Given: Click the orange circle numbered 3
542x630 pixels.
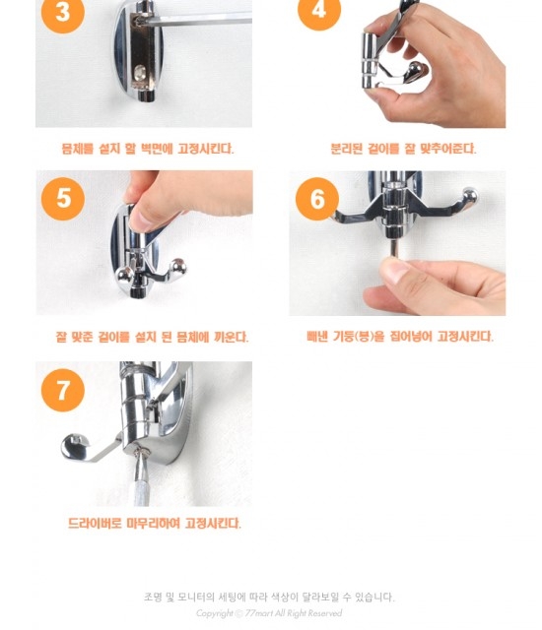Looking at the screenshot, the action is tap(63, 12).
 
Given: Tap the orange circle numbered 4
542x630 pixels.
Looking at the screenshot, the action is tap(319, 10).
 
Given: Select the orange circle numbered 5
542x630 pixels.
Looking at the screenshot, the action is tap(63, 199).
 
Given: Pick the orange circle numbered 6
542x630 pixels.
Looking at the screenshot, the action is tap(317, 199).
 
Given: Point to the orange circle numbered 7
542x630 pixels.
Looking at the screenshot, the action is tap(63, 390).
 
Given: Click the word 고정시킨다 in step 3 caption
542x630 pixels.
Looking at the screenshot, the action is tap(205, 149).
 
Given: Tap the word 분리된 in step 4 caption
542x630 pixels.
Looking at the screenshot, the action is tap(346, 149).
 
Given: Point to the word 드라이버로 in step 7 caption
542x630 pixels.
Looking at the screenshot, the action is tap(95, 523).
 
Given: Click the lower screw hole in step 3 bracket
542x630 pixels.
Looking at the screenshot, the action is tap(140, 73).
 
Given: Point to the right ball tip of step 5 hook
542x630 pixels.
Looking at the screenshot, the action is tap(177, 268).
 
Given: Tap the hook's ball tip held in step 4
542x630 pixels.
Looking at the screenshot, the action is tap(416, 72).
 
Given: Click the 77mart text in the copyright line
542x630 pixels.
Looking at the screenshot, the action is tap(258, 613).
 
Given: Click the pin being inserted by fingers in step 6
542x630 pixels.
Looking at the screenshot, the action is tap(395, 248).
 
